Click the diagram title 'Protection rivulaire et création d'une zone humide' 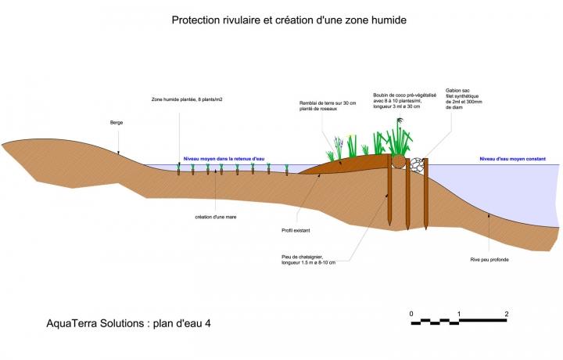click(289, 20)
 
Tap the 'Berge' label click(117, 123)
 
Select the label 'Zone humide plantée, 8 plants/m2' click(187, 99)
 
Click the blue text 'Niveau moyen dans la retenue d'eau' click(224, 159)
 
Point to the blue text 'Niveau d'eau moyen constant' click(513, 159)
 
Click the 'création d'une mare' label click(216, 217)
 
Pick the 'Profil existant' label click(296, 230)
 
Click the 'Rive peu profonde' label click(489, 259)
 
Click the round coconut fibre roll click(398, 162)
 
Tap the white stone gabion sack click(417, 165)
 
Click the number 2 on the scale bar click(507, 314)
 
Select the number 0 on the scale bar click(411, 314)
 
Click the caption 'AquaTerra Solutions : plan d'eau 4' click(128, 323)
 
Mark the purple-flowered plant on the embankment click(339, 147)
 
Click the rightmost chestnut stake click(426, 193)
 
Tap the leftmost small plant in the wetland click(178, 169)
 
